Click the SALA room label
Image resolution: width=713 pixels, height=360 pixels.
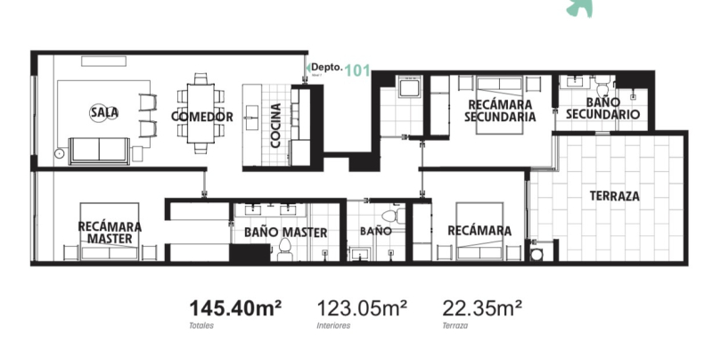pyautogui.click(x=104, y=112)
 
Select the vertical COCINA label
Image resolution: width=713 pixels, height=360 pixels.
pyautogui.click(x=276, y=125)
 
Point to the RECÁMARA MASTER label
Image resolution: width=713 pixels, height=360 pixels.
pyautogui.click(x=110, y=233)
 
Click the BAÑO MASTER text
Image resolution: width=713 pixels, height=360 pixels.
pyautogui.click(x=285, y=233)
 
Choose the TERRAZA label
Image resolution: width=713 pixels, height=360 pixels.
pyautogui.click(x=615, y=196)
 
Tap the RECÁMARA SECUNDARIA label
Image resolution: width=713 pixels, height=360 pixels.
pyautogui.click(x=501, y=110)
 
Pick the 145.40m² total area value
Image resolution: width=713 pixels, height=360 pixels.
pyautogui.click(x=234, y=308)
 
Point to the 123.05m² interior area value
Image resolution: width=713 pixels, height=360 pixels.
pyautogui.click(x=362, y=308)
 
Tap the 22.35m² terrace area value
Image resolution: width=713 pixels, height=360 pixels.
pyautogui.click(x=482, y=308)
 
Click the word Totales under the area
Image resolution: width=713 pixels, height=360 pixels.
pyautogui.click(x=201, y=326)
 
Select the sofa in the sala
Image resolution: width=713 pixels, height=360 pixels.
pyautogui.click(x=100, y=149)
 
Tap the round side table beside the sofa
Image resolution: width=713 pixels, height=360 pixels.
pyautogui.click(x=59, y=152)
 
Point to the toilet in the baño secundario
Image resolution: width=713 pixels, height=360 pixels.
pyautogui.click(x=602, y=88)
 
